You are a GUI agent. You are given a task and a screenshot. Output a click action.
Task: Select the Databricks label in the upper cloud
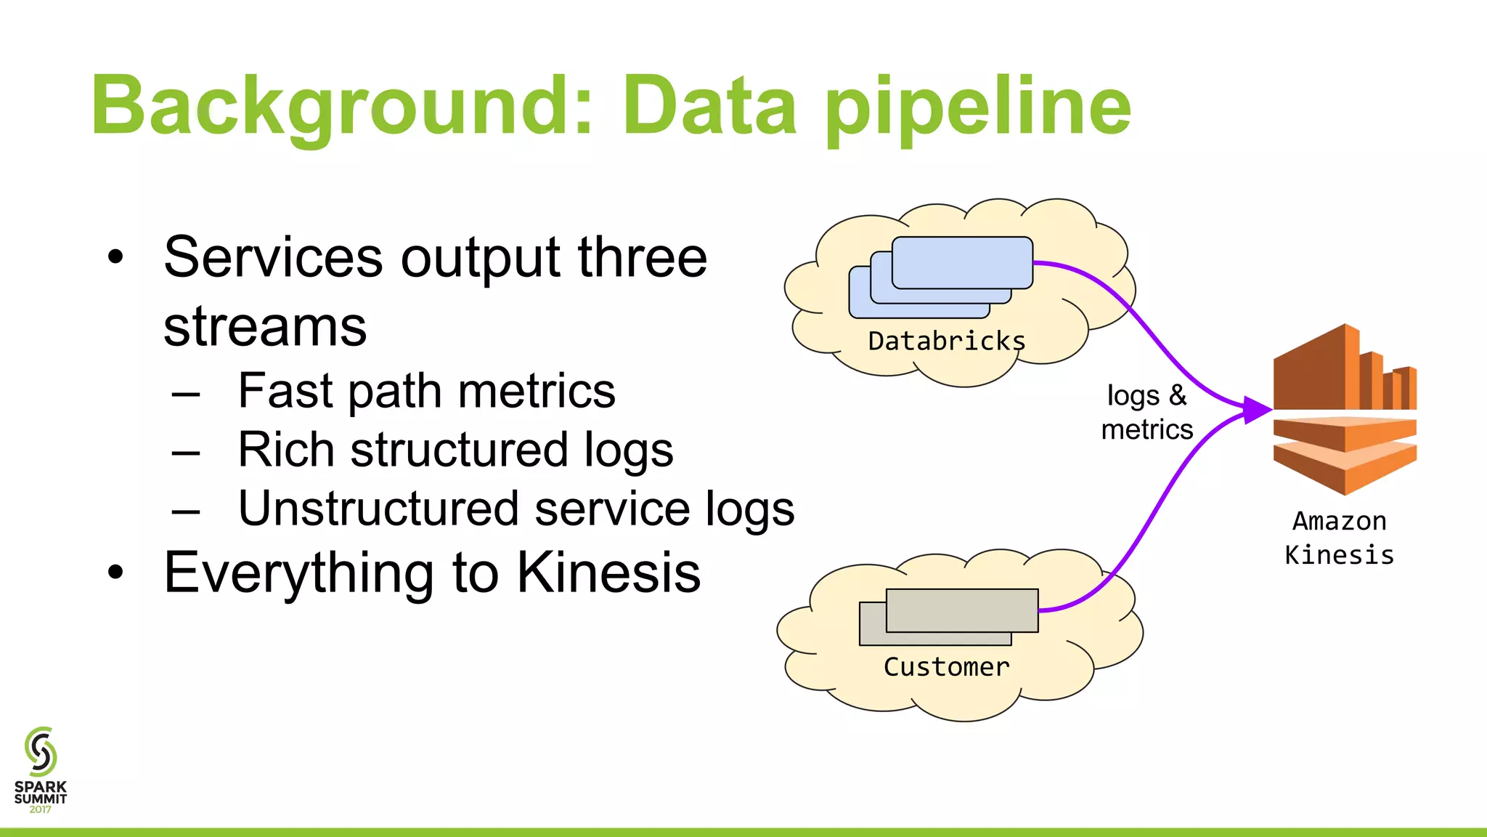[946, 341]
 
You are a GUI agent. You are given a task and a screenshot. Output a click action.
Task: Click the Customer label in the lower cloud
[946, 667]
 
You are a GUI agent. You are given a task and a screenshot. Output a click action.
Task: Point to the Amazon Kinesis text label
[1339, 538]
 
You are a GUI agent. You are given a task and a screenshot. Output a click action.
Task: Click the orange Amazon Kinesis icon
[1345, 411]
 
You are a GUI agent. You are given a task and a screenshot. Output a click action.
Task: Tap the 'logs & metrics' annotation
[1146, 412]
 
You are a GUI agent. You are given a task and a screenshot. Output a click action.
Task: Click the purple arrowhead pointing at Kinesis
[1256, 410]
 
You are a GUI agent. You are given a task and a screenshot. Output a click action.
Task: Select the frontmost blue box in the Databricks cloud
[962, 262]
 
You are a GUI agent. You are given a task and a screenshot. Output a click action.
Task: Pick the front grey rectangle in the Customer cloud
[962, 610]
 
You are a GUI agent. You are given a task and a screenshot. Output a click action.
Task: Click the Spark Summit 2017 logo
[41, 770]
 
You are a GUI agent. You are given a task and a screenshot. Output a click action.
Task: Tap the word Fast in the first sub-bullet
[285, 391]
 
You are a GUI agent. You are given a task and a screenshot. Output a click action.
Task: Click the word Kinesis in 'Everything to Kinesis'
[608, 573]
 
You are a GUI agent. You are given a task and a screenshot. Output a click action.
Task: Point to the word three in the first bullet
[642, 257]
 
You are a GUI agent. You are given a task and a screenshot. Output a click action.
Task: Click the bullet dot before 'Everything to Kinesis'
[115, 573]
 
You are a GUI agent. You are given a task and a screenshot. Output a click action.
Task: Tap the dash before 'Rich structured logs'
[186, 453]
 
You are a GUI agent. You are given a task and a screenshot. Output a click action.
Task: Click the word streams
[265, 326]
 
